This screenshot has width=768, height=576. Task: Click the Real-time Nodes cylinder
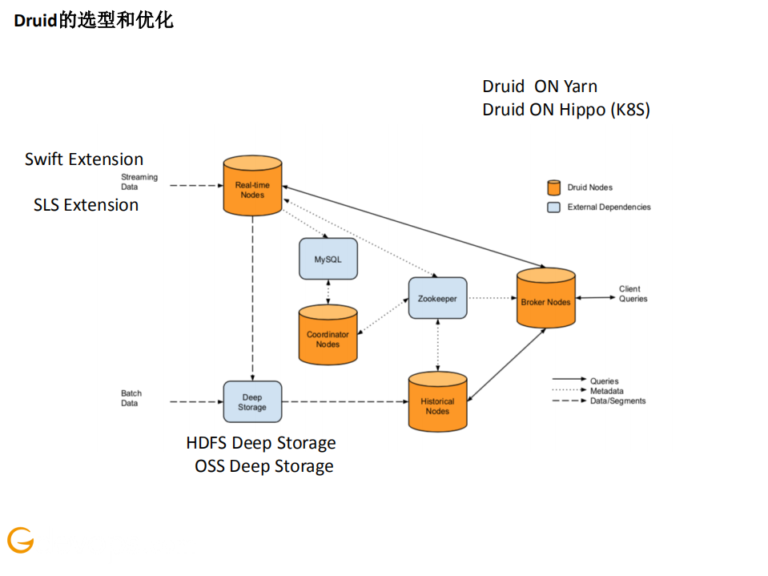[x=252, y=187]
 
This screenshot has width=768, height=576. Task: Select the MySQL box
[x=328, y=259]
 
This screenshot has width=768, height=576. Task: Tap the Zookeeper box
[x=437, y=298]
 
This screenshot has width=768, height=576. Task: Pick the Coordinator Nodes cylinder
[x=328, y=336]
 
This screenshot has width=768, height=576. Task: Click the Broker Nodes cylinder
[x=545, y=299]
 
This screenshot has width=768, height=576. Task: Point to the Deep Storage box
[x=252, y=401]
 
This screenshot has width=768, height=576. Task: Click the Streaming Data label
[x=139, y=182]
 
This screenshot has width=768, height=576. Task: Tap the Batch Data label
[x=131, y=398]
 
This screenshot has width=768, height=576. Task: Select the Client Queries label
[x=633, y=294]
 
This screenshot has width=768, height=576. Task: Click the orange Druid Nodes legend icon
[x=553, y=187]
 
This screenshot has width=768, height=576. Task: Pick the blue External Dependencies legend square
[x=553, y=207]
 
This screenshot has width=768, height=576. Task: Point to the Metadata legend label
[x=607, y=391]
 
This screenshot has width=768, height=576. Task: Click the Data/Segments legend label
[x=617, y=401]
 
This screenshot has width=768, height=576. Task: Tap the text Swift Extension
[x=84, y=159]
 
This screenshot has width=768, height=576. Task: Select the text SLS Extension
[x=86, y=205]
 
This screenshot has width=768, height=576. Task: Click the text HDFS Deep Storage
[x=261, y=443]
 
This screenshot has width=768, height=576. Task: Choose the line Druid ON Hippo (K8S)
[x=566, y=111]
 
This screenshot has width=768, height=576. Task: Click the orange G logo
[x=21, y=541]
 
